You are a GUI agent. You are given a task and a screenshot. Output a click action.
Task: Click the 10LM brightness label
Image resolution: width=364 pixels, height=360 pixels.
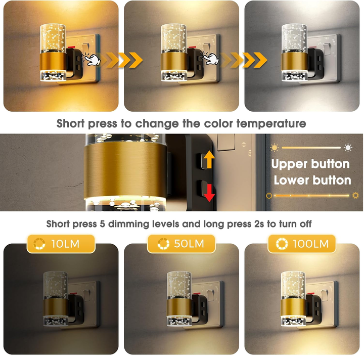61,244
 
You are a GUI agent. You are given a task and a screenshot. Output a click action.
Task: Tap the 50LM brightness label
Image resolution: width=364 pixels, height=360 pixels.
181,244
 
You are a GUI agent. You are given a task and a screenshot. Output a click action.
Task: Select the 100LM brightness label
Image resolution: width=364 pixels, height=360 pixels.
302,244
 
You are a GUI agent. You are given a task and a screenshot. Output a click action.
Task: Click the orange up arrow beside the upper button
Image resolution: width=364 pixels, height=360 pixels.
209,159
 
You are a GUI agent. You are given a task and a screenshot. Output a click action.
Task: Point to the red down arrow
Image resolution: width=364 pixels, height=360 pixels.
209,193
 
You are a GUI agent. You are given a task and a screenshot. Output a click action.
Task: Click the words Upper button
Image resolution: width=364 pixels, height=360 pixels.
310,164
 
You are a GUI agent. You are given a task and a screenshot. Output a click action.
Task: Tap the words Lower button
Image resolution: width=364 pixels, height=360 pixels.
312,181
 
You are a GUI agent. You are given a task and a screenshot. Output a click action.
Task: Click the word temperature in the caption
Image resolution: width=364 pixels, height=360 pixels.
271,123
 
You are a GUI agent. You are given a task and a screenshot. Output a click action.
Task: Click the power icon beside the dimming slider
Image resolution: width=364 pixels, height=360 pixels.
269,196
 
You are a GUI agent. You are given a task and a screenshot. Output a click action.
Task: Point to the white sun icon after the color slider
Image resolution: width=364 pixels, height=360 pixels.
348,148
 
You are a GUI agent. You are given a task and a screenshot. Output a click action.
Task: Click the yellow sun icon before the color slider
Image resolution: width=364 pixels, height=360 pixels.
275,148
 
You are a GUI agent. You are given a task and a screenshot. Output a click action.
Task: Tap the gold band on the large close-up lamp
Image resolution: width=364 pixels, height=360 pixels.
125,169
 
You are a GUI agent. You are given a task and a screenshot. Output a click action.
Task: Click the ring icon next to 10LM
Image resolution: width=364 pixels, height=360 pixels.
39,244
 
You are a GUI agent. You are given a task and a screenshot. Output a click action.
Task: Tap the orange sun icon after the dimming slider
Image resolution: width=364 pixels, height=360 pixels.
355,196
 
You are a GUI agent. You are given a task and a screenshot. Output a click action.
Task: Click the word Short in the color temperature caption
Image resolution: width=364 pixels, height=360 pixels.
71,123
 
